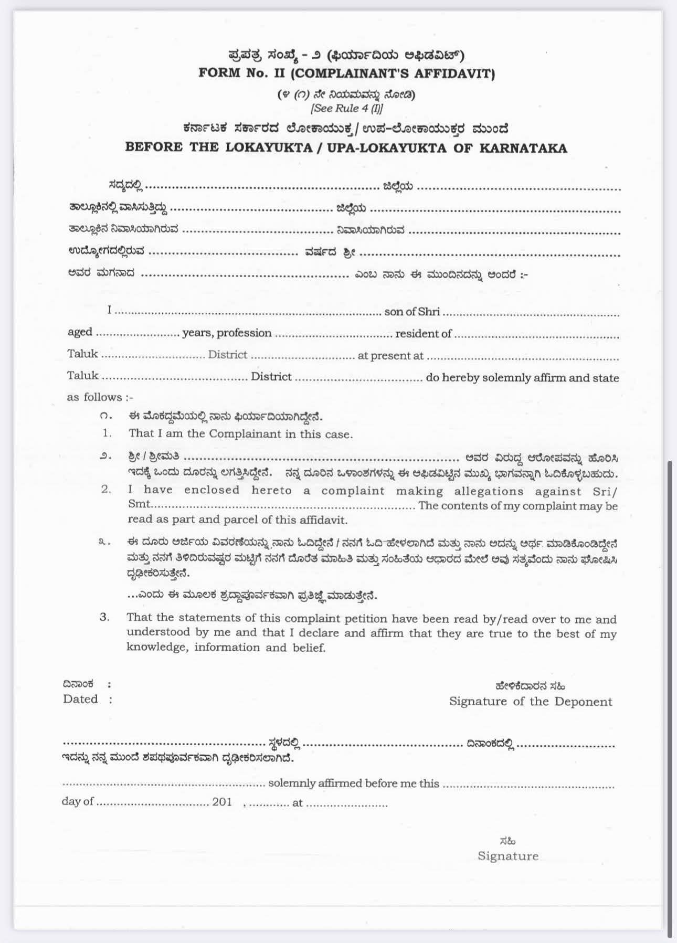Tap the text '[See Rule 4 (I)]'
click(x=347, y=109)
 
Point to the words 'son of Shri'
click(x=412, y=312)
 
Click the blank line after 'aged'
click(x=137, y=334)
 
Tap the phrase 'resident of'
click(x=424, y=333)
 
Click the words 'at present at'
click(x=390, y=356)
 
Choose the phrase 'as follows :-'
click(x=100, y=397)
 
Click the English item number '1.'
click(x=108, y=433)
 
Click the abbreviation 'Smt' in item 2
click(x=139, y=504)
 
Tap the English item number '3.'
click(x=105, y=618)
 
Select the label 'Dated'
click(x=80, y=699)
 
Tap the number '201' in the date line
click(x=222, y=802)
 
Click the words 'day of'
click(x=78, y=801)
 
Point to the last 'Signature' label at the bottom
click(x=508, y=856)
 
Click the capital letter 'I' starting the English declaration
click(x=110, y=310)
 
